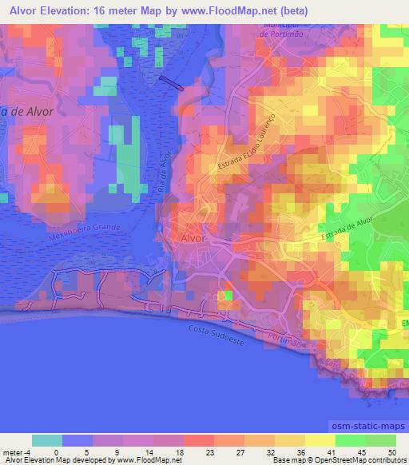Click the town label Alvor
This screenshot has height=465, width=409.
click(x=194, y=238)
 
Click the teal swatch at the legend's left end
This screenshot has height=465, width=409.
click(x=47, y=440)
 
